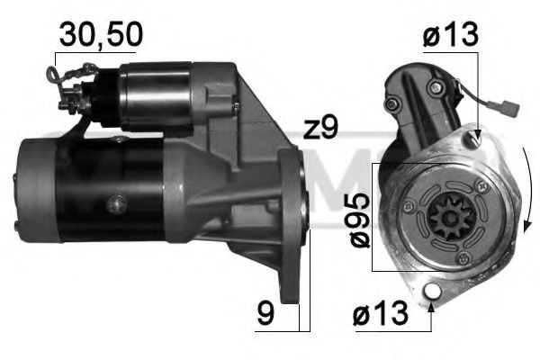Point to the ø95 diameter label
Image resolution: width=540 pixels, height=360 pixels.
pos(358,217)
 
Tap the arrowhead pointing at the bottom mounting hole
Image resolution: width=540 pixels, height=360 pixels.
pos(435,304)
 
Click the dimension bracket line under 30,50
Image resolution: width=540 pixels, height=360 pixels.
pos(87,56)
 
